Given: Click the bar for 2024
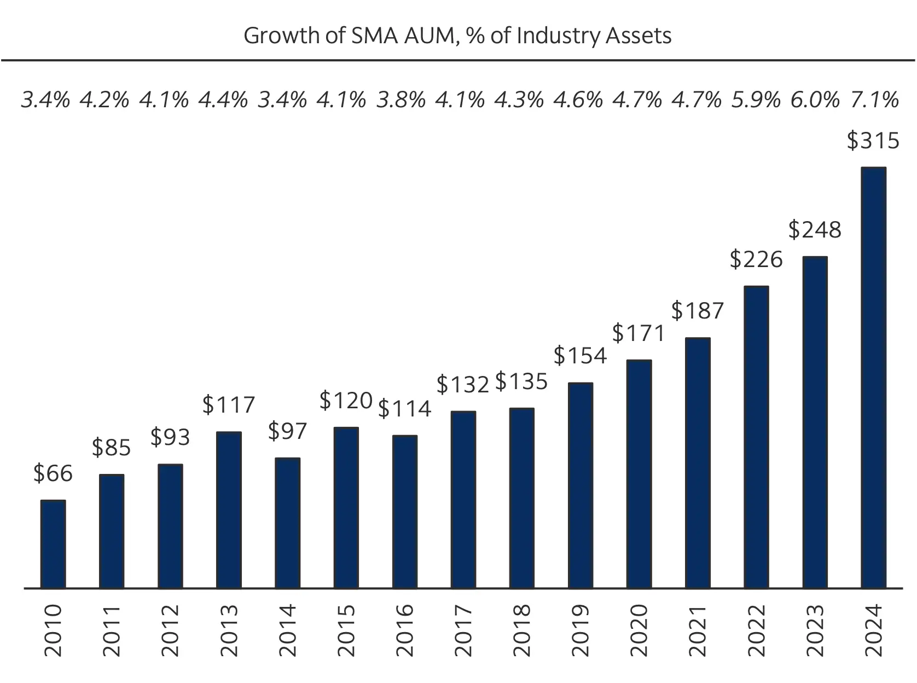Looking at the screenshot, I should (x=873, y=378).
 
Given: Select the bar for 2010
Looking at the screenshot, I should (x=53, y=544).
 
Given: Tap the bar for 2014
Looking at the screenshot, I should (x=287, y=523).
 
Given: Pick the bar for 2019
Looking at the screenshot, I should (x=581, y=485).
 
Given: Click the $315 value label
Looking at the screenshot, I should (x=873, y=141).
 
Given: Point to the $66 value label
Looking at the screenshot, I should (x=53, y=473).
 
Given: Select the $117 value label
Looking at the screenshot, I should (x=229, y=405).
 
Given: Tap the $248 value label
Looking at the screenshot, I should (x=814, y=230).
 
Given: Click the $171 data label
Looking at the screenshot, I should (x=639, y=333).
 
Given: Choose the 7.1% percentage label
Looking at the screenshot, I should (x=874, y=100).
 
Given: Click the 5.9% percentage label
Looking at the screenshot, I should (x=756, y=100).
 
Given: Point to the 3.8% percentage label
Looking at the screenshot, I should (x=401, y=100).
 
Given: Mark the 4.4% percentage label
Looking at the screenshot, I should (x=223, y=100).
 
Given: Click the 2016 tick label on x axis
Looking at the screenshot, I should (x=404, y=630).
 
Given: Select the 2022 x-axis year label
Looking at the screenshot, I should (x=756, y=630).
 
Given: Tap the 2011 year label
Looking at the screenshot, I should (x=112, y=630).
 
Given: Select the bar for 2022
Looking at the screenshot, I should (x=756, y=437).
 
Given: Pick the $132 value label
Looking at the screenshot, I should (x=462, y=385).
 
